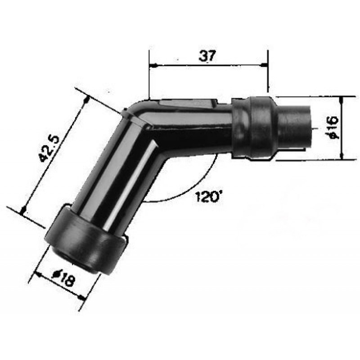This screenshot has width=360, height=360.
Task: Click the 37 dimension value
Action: [207, 56]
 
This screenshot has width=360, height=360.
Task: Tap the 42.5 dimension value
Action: [49, 148]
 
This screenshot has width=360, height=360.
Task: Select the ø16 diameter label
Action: [333, 127]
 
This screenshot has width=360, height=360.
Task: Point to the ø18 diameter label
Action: [63, 278]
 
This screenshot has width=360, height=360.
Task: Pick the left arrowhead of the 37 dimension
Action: [153, 65]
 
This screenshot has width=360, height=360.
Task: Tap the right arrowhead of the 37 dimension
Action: [264, 65]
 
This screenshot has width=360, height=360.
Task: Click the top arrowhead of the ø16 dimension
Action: [342, 99]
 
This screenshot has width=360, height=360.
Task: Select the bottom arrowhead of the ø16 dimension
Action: [342, 156]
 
